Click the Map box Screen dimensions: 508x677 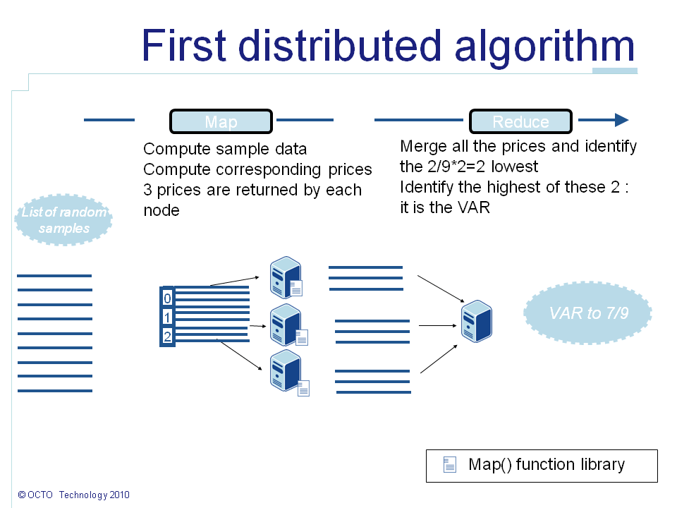coord(221,121)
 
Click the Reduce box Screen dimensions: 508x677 coord(520,121)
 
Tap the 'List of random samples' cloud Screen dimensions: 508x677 coord(63,219)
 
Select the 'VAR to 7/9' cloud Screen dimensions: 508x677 coord(588,313)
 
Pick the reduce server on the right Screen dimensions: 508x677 coord(476,321)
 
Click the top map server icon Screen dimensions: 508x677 coord(285,277)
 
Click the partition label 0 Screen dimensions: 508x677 coord(167,298)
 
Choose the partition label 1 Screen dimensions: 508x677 coord(167,317)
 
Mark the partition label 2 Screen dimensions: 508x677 coord(167,337)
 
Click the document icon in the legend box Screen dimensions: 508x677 coord(449,464)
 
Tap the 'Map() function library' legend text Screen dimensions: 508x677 coord(547,464)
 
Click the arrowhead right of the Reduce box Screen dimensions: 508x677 coord(621,120)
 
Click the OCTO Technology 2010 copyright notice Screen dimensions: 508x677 coord(74,495)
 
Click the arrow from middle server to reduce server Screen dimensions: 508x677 coord(437,325)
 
